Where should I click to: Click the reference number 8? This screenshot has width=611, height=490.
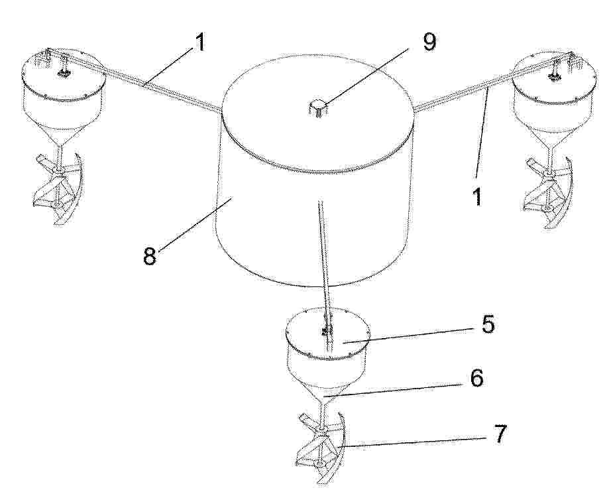[150, 256]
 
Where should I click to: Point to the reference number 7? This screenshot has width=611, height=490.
[500, 434]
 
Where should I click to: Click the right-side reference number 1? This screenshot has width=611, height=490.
[477, 196]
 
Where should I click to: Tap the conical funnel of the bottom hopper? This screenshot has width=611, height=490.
[326, 391]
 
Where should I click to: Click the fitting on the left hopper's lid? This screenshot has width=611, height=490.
[62, 72]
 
